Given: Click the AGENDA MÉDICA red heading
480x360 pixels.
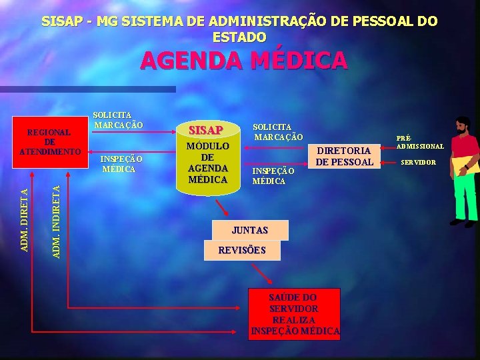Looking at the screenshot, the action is [243, 61].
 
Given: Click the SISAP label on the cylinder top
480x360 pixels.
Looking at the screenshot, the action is [207, 129].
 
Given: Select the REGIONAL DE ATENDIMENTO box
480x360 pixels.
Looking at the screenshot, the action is [50, 141].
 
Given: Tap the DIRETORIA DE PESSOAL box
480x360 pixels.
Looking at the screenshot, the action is [344, 156].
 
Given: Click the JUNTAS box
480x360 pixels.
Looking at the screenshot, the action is [249, 231].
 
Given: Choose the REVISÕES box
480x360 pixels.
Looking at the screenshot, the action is [242, 251].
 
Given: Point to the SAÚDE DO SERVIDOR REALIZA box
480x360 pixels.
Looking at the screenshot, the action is [294, 313].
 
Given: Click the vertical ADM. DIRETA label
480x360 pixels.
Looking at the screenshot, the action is [24, 220].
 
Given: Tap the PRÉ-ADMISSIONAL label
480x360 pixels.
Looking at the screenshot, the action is [420, 142].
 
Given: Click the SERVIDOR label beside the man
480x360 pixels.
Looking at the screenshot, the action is [419, 163].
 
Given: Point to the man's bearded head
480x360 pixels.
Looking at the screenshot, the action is [462, 126].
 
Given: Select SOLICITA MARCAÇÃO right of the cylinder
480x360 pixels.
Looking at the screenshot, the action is [277, 132].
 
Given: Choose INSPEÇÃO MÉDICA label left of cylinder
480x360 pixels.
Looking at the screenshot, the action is [120, 164].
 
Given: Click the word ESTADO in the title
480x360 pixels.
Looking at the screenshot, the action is [239, 37].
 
